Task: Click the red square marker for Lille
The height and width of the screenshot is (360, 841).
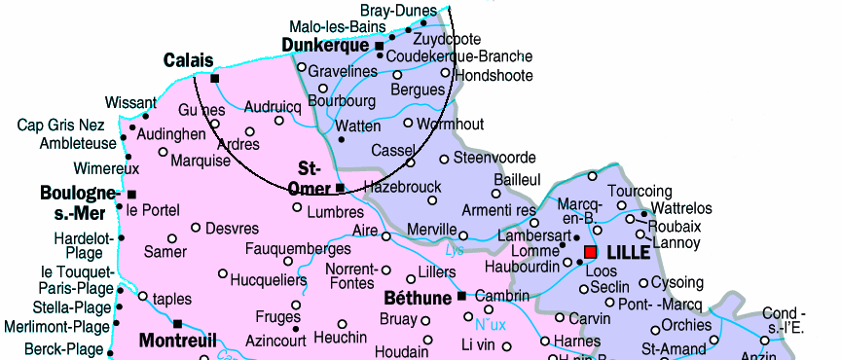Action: coord(590,252)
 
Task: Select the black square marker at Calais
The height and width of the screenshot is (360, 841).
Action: coord(215,78)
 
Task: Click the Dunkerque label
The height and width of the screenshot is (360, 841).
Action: coord(325,45)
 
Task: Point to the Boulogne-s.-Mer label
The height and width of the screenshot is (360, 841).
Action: coord(80,201)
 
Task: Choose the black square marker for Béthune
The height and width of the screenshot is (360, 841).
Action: coord(461,296)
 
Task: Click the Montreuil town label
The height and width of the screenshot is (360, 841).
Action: coord(177,341)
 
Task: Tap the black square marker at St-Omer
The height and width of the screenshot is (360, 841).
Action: coord(340,187)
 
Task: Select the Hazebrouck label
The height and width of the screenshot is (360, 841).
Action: coord(402,186)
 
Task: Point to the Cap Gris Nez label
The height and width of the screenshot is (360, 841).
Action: coord(60,126)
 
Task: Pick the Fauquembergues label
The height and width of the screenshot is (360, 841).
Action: coord(297,249)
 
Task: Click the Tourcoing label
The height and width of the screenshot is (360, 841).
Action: coord(640,191)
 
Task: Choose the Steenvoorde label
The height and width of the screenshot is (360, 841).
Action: coord(494,158)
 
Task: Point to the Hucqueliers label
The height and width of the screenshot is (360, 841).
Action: coord(269,280)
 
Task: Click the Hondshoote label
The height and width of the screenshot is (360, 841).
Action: coord(494,75)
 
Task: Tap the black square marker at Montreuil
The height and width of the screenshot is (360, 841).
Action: coord(178,323)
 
